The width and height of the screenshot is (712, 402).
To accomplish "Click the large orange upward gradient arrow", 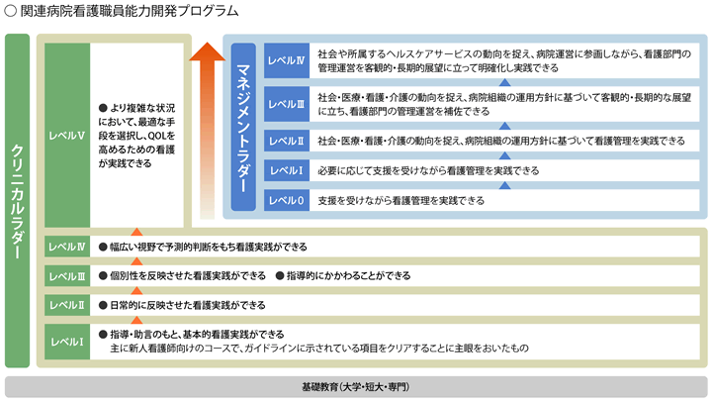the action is [207, 131].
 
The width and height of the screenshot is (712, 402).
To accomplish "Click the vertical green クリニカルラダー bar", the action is [17, 201].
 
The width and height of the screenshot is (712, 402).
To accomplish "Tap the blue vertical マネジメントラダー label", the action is [243, 127].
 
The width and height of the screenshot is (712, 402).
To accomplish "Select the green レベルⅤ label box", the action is [67, 136].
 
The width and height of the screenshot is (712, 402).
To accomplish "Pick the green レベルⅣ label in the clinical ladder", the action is [67, 247].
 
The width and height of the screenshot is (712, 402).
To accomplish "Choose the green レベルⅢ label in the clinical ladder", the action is [67, 276].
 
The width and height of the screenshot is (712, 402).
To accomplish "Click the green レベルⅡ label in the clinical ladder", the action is [67, 305].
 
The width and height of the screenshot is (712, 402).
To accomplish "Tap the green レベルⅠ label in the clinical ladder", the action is [67, 342].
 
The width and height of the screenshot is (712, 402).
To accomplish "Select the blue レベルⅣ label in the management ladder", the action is [287, 60].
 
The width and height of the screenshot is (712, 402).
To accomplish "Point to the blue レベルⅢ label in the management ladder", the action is [287, 104].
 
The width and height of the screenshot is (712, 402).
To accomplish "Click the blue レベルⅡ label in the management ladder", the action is [287, 141].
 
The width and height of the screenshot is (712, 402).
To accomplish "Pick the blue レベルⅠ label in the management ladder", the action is [287, 170].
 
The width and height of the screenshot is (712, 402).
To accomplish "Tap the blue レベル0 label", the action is [287, 201].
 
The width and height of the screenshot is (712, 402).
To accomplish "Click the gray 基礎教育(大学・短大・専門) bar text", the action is [356, 387].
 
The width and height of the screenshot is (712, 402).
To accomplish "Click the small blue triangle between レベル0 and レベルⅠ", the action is [504, 185].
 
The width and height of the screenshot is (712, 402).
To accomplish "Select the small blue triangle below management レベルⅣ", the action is [504, 82].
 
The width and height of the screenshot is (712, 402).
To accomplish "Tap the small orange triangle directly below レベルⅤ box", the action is [136, 232].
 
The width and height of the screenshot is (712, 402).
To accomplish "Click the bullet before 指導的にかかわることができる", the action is [280, 275].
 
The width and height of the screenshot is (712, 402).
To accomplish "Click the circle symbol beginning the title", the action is [11, 11].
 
